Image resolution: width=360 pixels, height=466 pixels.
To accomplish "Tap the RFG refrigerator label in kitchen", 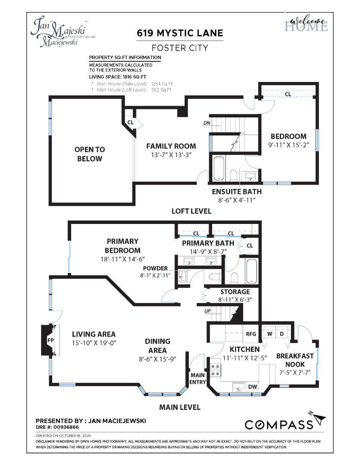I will (251, 334).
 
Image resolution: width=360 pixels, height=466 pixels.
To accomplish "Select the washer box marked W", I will (269, 334).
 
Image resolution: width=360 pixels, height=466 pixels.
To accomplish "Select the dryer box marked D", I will (282, 334).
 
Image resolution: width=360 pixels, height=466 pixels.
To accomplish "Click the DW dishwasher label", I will (253, 387).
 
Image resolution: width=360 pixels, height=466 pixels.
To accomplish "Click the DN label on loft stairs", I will (207, 123).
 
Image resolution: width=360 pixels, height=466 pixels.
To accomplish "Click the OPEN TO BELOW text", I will (90, 154).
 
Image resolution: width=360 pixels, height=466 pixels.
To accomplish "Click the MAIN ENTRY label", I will (197, 378).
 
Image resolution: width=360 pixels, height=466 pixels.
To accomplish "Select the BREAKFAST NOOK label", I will (295, 360).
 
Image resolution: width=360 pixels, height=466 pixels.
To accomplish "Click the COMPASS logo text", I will (279, 425).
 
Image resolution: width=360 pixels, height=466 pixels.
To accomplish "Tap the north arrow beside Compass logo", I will (319, 418).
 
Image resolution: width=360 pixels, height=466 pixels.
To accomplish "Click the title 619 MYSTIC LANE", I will (180, 33).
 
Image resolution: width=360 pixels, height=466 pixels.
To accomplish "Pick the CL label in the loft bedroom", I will (288, 94).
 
